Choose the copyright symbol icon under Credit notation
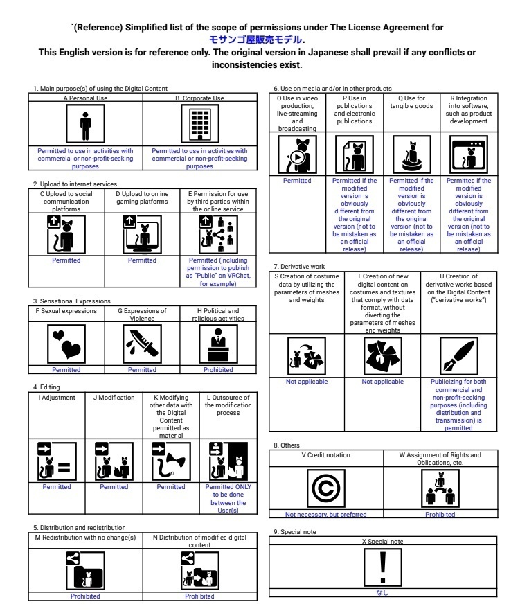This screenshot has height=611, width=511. pos(325,489)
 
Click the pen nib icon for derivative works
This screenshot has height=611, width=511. pos(458,357)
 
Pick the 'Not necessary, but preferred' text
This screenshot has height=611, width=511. pos(325,515)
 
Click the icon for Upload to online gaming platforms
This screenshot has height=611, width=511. pos(142,234)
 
